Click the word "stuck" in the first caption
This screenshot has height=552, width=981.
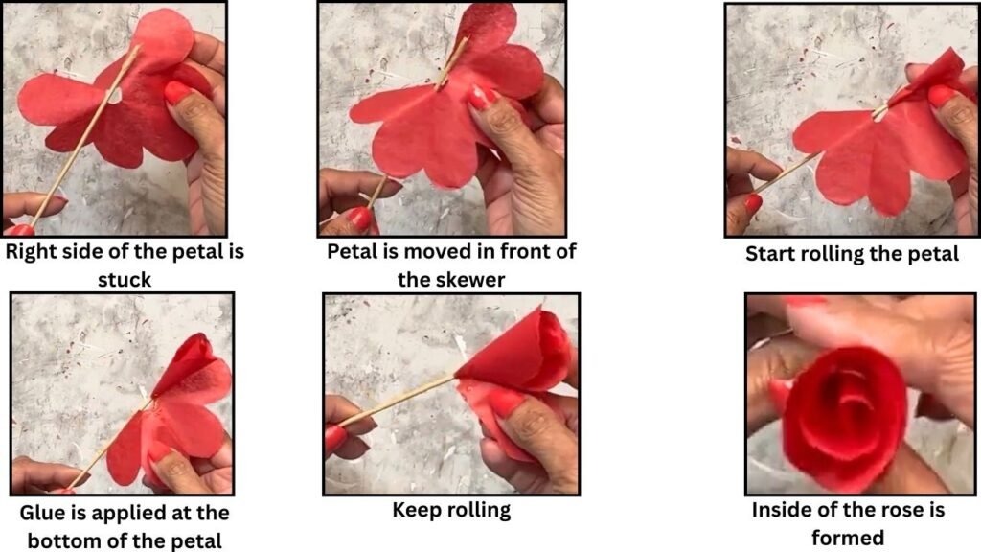tap(125, 279)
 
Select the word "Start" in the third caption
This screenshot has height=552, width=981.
tap(770, 253)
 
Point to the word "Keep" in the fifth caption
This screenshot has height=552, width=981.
tap(415, 510)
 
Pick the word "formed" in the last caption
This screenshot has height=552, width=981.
tap(848, 538)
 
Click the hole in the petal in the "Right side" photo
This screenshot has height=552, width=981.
tap(113, 96)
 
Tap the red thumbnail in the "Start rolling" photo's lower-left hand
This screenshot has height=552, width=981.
tap(753, 203)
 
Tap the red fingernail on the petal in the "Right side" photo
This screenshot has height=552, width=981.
tap(178, 93)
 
